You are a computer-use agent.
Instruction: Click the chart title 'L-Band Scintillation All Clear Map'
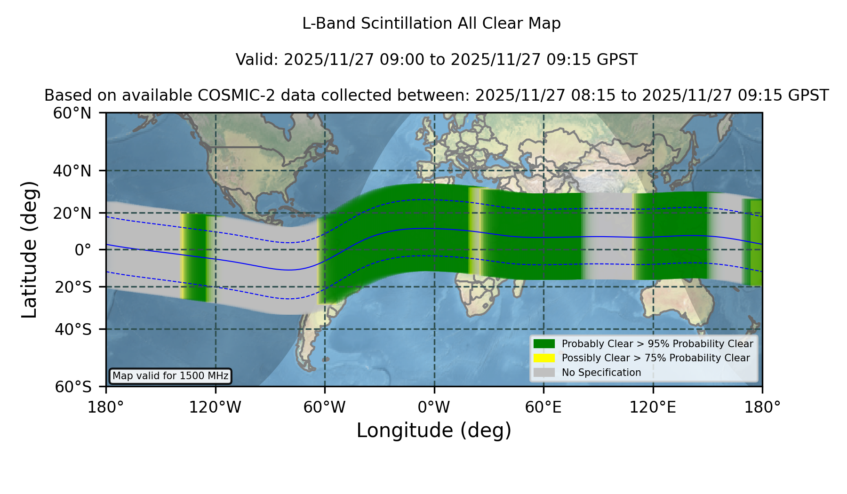[431, 24]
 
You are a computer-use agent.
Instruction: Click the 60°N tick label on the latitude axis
[72, 113]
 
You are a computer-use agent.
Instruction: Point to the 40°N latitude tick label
[72, 171]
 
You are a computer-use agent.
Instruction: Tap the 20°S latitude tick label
[73, 287]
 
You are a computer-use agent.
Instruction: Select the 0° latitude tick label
[83, 250]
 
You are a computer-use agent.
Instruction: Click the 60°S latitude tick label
[73, 387]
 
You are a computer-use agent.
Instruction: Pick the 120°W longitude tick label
[215, 407]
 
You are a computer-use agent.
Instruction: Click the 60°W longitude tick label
[325, 407]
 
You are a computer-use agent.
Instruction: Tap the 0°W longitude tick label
[434, 407]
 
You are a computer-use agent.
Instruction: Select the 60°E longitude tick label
[543, 407]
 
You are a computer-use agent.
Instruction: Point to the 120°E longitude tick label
[653, 407]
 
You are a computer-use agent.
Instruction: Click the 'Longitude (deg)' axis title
[434, 431]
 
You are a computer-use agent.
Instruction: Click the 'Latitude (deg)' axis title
[29, 249]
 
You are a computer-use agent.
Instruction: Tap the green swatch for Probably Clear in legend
[544, 344]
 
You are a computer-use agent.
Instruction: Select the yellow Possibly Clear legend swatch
[544, 358]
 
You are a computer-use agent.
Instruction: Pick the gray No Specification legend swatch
[544, 373]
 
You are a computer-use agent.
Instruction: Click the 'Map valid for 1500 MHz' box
[170, 376]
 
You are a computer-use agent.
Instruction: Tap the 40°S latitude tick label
[73, 329]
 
